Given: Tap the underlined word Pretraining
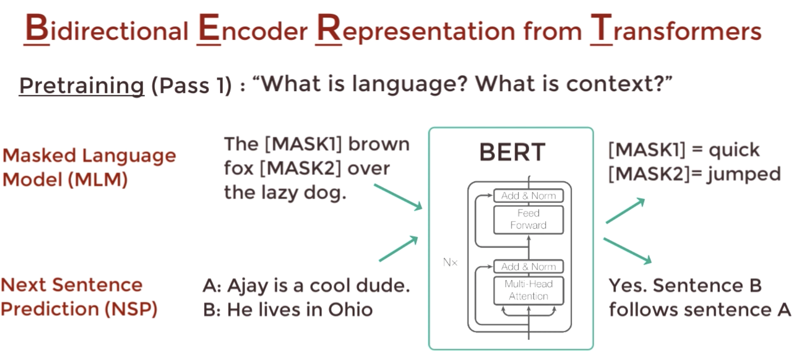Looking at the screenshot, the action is coord(82,85).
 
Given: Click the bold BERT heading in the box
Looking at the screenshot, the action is coord(512,152).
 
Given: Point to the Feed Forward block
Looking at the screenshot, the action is coord(528,220).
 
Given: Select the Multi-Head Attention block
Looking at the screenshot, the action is coord(528,290).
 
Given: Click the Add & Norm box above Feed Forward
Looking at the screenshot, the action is coord(528,195).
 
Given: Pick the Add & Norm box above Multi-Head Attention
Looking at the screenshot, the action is coord(528,267).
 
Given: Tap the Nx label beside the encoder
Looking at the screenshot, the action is coord(450,262).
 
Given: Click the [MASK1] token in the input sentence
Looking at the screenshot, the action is coord(303,144).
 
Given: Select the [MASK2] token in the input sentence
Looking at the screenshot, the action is coord(300,168).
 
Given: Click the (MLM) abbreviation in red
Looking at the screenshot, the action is coord(98,180).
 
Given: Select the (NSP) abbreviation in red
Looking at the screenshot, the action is coord(131,309).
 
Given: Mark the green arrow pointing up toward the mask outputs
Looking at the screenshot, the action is coord(625,211).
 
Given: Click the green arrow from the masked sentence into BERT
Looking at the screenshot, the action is coord(398,197).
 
